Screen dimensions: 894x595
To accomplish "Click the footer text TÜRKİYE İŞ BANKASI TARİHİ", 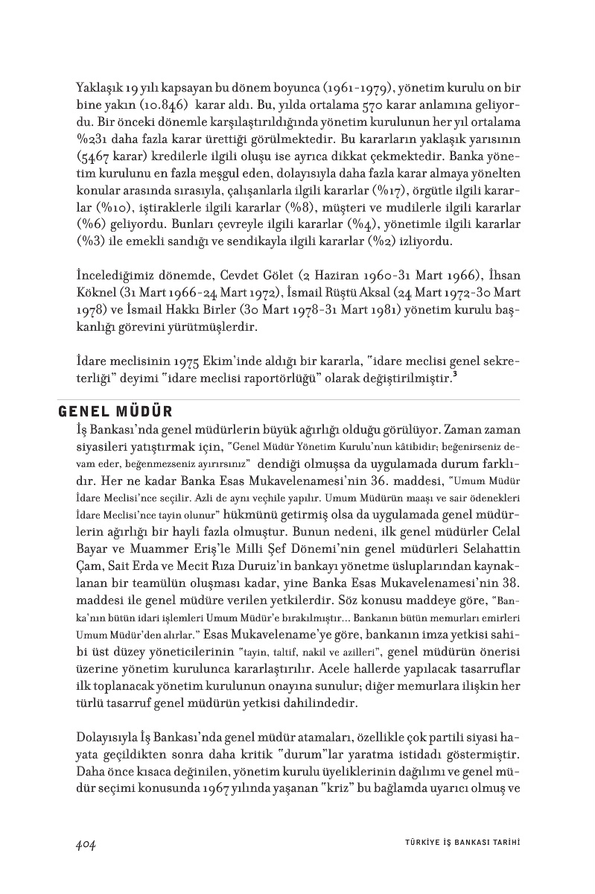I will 456,843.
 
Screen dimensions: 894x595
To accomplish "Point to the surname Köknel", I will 97,292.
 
